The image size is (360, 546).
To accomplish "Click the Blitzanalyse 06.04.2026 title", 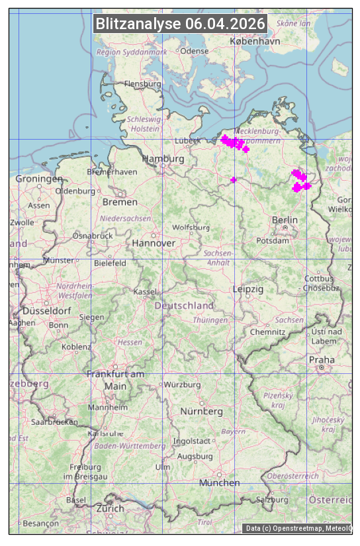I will click(x=181, y=24).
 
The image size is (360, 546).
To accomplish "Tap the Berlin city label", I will click(x=285, y=220).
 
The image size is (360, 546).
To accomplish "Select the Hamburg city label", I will click(x=163, y=159).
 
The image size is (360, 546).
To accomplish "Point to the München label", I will click(x=220, y=482).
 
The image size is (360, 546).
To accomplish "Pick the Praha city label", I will click(x=321, y=360).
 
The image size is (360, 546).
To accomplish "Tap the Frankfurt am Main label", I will click(x=115, y=380).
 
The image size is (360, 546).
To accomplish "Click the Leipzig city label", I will click(x=248, y=289).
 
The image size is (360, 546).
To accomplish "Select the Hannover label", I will click(x=154, y=243).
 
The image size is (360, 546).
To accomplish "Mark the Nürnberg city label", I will click(x=202, y=411).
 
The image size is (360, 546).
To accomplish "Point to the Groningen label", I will click(x=39, y=179).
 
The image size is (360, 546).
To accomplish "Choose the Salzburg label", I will click(x=273, y=500).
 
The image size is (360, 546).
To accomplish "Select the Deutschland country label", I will click(x=184, y=306).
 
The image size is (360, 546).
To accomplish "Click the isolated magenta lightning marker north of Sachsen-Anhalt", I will click(x=233, y=180).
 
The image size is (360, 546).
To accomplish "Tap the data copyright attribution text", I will click(x=297, y=528).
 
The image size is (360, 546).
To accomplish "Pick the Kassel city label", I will click(x=144, y=291).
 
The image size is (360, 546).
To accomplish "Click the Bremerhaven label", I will click(x=112, y=171).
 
